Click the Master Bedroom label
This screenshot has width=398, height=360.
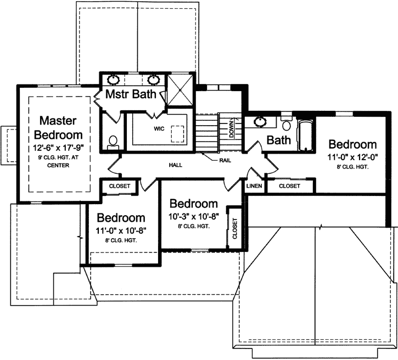click(58, 127)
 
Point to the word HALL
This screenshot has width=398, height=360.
click(176, 165)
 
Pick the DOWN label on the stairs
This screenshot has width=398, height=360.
click(232, 128)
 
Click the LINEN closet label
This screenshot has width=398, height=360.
click(254, 186)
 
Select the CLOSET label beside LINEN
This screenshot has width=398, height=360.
click(289, 186)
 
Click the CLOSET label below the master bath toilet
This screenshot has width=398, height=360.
click(120, 186)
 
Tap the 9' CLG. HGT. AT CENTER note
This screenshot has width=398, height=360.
click(58, 162)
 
